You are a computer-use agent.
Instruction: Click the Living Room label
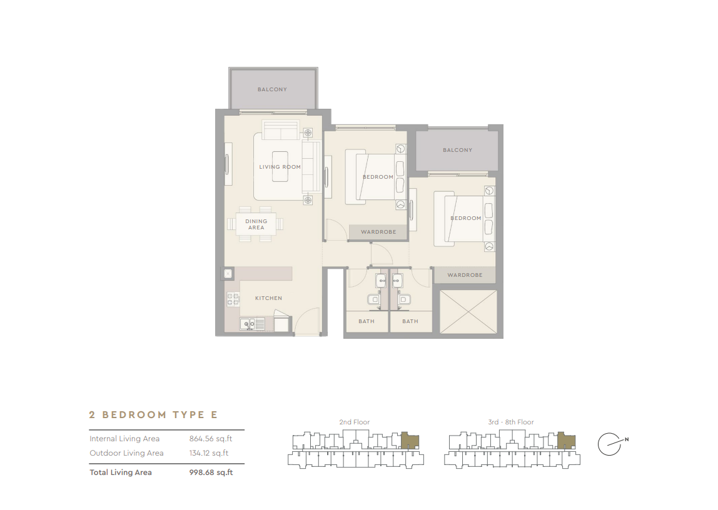click(x=280, y=167)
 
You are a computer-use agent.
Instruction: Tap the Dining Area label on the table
click(x=256, y=224)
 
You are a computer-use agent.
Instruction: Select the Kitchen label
click(x=268, y=298)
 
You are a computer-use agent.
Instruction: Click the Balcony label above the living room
click(x=272, y=89)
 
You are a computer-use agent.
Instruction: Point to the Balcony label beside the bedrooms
click(x=457, y=150)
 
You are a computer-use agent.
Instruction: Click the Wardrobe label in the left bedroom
click(x=378, y=232)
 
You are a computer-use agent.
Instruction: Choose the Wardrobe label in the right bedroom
click(x=465, y=275)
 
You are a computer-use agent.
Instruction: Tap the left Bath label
click(x=367, y=321)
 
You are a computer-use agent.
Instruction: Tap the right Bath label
click(x=410, y=321)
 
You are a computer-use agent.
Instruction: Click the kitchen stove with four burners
click(x=233, y=299)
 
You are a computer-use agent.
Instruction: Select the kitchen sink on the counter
click(x=248, y=324)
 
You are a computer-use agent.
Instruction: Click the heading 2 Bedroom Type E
click(x=153, y=415)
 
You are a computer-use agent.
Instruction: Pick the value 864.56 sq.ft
click(x=210, y=439)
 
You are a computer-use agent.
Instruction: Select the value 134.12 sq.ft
click(x=209, y=453)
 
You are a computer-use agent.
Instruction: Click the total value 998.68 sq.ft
click(x=211, y=472)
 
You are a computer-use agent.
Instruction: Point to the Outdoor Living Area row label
click(x=126, y=453)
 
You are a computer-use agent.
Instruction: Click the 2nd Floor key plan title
click(x=354, y=422)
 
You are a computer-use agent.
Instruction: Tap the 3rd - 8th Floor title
click(x=511, y=422)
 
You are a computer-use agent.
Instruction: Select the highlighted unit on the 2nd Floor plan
click(x=410, y=441)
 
